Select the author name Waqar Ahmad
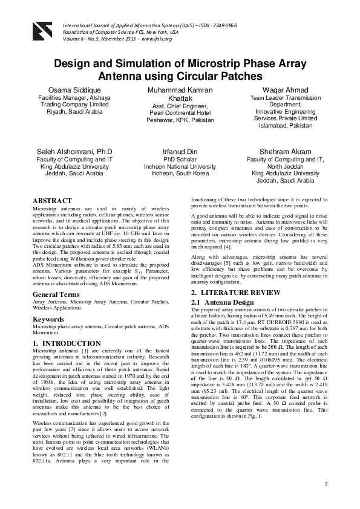coord(284,89)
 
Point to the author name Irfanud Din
coord(180,151)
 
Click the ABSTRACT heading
coord(52,200)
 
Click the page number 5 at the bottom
coord(326,484)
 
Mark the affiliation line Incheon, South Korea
coord(180,173)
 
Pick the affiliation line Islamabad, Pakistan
coord(284,126)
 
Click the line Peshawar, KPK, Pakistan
coord(180,120)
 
